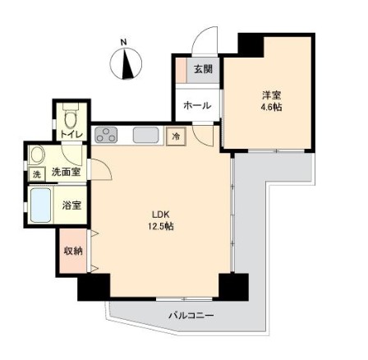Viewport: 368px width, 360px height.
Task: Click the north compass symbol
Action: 126,63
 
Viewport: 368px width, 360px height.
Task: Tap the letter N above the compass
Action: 124,43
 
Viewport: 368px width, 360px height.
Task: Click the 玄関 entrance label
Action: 203,69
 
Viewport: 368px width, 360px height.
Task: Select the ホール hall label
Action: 197,105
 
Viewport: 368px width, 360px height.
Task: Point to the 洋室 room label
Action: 272,95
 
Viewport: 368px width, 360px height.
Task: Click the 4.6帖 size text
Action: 271,107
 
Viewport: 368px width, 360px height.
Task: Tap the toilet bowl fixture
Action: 71,117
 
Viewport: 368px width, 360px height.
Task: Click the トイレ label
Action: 71,135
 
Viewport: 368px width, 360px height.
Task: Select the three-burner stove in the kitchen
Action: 106,135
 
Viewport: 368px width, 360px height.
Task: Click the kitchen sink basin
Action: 146,135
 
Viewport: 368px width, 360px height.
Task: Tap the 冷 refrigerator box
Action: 177,136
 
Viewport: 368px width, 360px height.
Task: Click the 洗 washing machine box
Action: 36,174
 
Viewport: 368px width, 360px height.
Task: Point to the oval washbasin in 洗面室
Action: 38,155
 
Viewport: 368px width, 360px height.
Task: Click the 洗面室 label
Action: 66,172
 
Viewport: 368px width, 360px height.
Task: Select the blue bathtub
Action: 41,205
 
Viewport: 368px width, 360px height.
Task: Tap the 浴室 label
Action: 71,205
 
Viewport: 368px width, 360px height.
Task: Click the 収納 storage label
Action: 73,251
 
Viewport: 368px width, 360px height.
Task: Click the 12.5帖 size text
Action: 161,226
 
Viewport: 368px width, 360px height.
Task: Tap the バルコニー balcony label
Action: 191,316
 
